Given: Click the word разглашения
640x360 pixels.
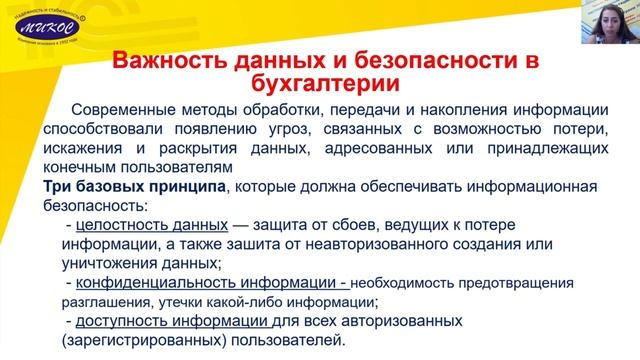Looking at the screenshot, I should [95, 302].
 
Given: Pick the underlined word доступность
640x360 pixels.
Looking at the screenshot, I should [120, 322].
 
